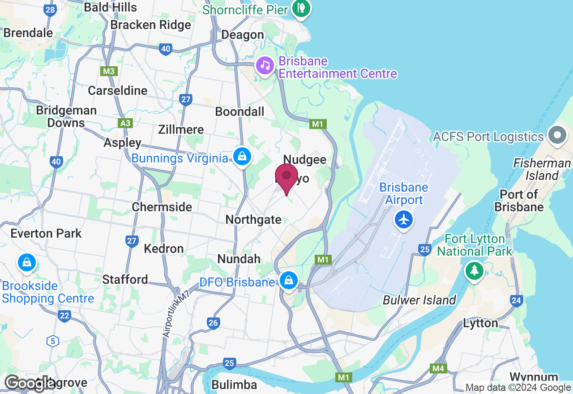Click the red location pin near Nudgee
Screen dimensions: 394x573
tap(286, 176)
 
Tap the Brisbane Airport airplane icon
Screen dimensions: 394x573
tap(404, 220)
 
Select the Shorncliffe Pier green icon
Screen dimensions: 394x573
tap(301, 9)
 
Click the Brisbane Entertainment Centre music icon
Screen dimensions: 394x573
tap(265, 66)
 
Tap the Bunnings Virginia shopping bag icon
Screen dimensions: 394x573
tap(242, 157)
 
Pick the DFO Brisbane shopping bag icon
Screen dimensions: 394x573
tap(289, 281)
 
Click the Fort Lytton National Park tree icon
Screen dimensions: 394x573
tap(474, 270)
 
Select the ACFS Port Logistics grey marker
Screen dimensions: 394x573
tap(557, 137)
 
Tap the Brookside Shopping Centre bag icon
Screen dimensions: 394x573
tap(27, 263)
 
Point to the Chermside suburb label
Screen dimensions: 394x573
tap(162, 207)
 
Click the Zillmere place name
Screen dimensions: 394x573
tap(181, 129)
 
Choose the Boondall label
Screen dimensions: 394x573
tap(239, 111)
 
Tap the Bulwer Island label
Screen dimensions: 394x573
tap(419, 300)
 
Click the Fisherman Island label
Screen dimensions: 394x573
tap(542, 169)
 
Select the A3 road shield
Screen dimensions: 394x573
tap(126, 123)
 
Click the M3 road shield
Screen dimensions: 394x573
tap(108, 71)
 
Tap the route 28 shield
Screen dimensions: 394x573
tap(50, 10)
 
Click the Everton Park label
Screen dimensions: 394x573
tap(46, 233)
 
